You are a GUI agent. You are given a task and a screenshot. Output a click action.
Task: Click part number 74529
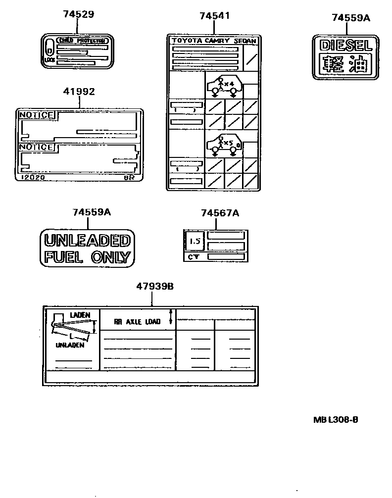click(x=78, y=14)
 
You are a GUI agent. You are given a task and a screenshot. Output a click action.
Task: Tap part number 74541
click(x=214, y=16)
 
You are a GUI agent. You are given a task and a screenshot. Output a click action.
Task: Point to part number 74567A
click(x=220, y=213)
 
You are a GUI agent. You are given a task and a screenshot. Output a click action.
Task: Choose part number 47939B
click(x=154, y=286)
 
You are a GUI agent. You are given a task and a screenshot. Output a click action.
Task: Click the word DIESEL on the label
click(x=345, y=46)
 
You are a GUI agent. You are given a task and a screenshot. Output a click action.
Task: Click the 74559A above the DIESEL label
click(x=350, y=18)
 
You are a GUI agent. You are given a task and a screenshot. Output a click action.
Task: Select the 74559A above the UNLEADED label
click(x=92, y=212)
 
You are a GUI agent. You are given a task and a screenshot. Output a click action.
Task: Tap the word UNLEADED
click(x=87, y=241)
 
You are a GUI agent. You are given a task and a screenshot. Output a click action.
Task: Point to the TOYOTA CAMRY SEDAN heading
click(x=213, y=41)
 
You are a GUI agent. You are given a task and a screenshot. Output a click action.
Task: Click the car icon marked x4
click(x=224, y=86)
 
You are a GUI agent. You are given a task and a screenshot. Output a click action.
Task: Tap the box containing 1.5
click(x=195, y=241)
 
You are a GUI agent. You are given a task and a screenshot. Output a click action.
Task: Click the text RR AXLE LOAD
click(x=137, y=322)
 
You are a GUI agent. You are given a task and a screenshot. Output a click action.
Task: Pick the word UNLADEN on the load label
click(x=70, y=346)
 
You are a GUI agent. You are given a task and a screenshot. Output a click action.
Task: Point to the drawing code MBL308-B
click(x=336, y=420)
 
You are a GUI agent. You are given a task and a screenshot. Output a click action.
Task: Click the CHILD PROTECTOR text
click(x=82, y=40)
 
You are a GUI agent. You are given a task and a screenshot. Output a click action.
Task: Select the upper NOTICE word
click(x=36, y=115)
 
